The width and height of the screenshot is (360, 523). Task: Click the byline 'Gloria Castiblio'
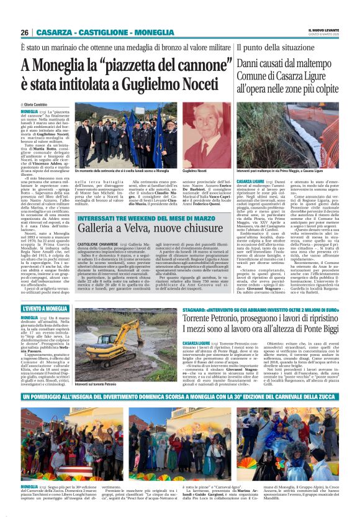37,105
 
